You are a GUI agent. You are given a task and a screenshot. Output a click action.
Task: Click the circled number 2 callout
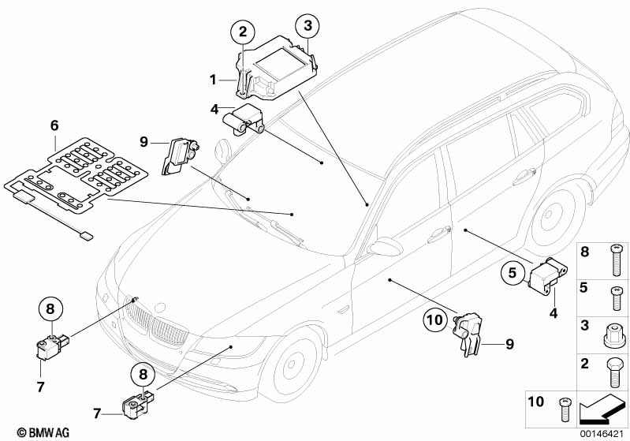coord(243,32)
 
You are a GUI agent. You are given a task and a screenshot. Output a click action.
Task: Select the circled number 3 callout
coord(308,25)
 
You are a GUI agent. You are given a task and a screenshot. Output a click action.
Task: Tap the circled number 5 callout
coord(512,274)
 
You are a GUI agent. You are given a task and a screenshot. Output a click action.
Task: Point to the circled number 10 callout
coord(434,321)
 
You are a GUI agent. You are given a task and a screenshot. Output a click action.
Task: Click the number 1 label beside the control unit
coord(213,79)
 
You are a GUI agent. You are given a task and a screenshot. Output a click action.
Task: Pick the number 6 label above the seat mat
coord(54,125)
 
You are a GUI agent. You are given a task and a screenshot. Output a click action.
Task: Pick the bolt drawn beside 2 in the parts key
coord(613,368)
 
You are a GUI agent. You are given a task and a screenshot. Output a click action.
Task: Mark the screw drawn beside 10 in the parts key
coord(564,407)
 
